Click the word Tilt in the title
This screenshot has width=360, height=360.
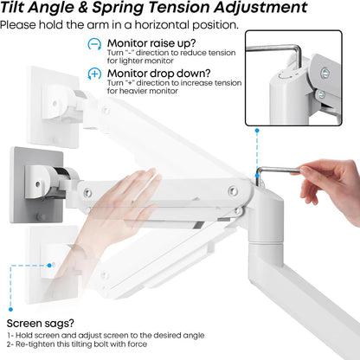[x=19, y=9]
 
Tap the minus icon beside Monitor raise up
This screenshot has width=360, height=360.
[x=93, y=43]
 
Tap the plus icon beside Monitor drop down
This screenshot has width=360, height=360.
[x=93, y=74]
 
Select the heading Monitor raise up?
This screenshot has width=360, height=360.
[x=151, y=42]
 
